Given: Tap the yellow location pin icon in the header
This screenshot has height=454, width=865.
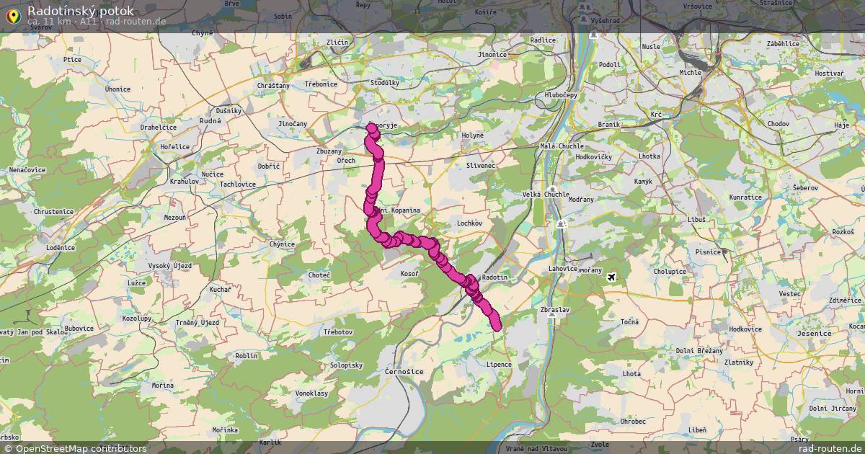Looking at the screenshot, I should point(13,14).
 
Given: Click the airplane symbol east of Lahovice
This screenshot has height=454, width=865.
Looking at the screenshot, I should point(612,277).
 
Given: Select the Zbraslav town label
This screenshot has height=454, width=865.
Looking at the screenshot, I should point(554,310).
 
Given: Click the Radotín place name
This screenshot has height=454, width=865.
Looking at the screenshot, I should point(494,277).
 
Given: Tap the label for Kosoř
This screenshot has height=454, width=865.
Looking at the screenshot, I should point(410,275).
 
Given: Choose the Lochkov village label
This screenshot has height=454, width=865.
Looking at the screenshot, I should point(469,223).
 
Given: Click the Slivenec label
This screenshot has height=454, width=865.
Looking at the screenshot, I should point(481,165).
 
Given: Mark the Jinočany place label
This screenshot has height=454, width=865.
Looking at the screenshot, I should point(293,124).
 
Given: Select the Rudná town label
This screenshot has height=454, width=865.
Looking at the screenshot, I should point(210,120).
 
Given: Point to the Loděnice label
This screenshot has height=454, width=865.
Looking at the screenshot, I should point(61,247).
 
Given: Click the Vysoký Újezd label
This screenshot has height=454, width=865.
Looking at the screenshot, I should point(169,267).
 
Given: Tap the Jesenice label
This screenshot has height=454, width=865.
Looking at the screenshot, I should point(815,334).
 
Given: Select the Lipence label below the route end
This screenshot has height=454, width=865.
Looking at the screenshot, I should point(499,365).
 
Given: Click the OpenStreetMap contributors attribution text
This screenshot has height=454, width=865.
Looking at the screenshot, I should point(81,448).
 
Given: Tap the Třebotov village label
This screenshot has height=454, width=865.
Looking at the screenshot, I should point(337,331).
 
